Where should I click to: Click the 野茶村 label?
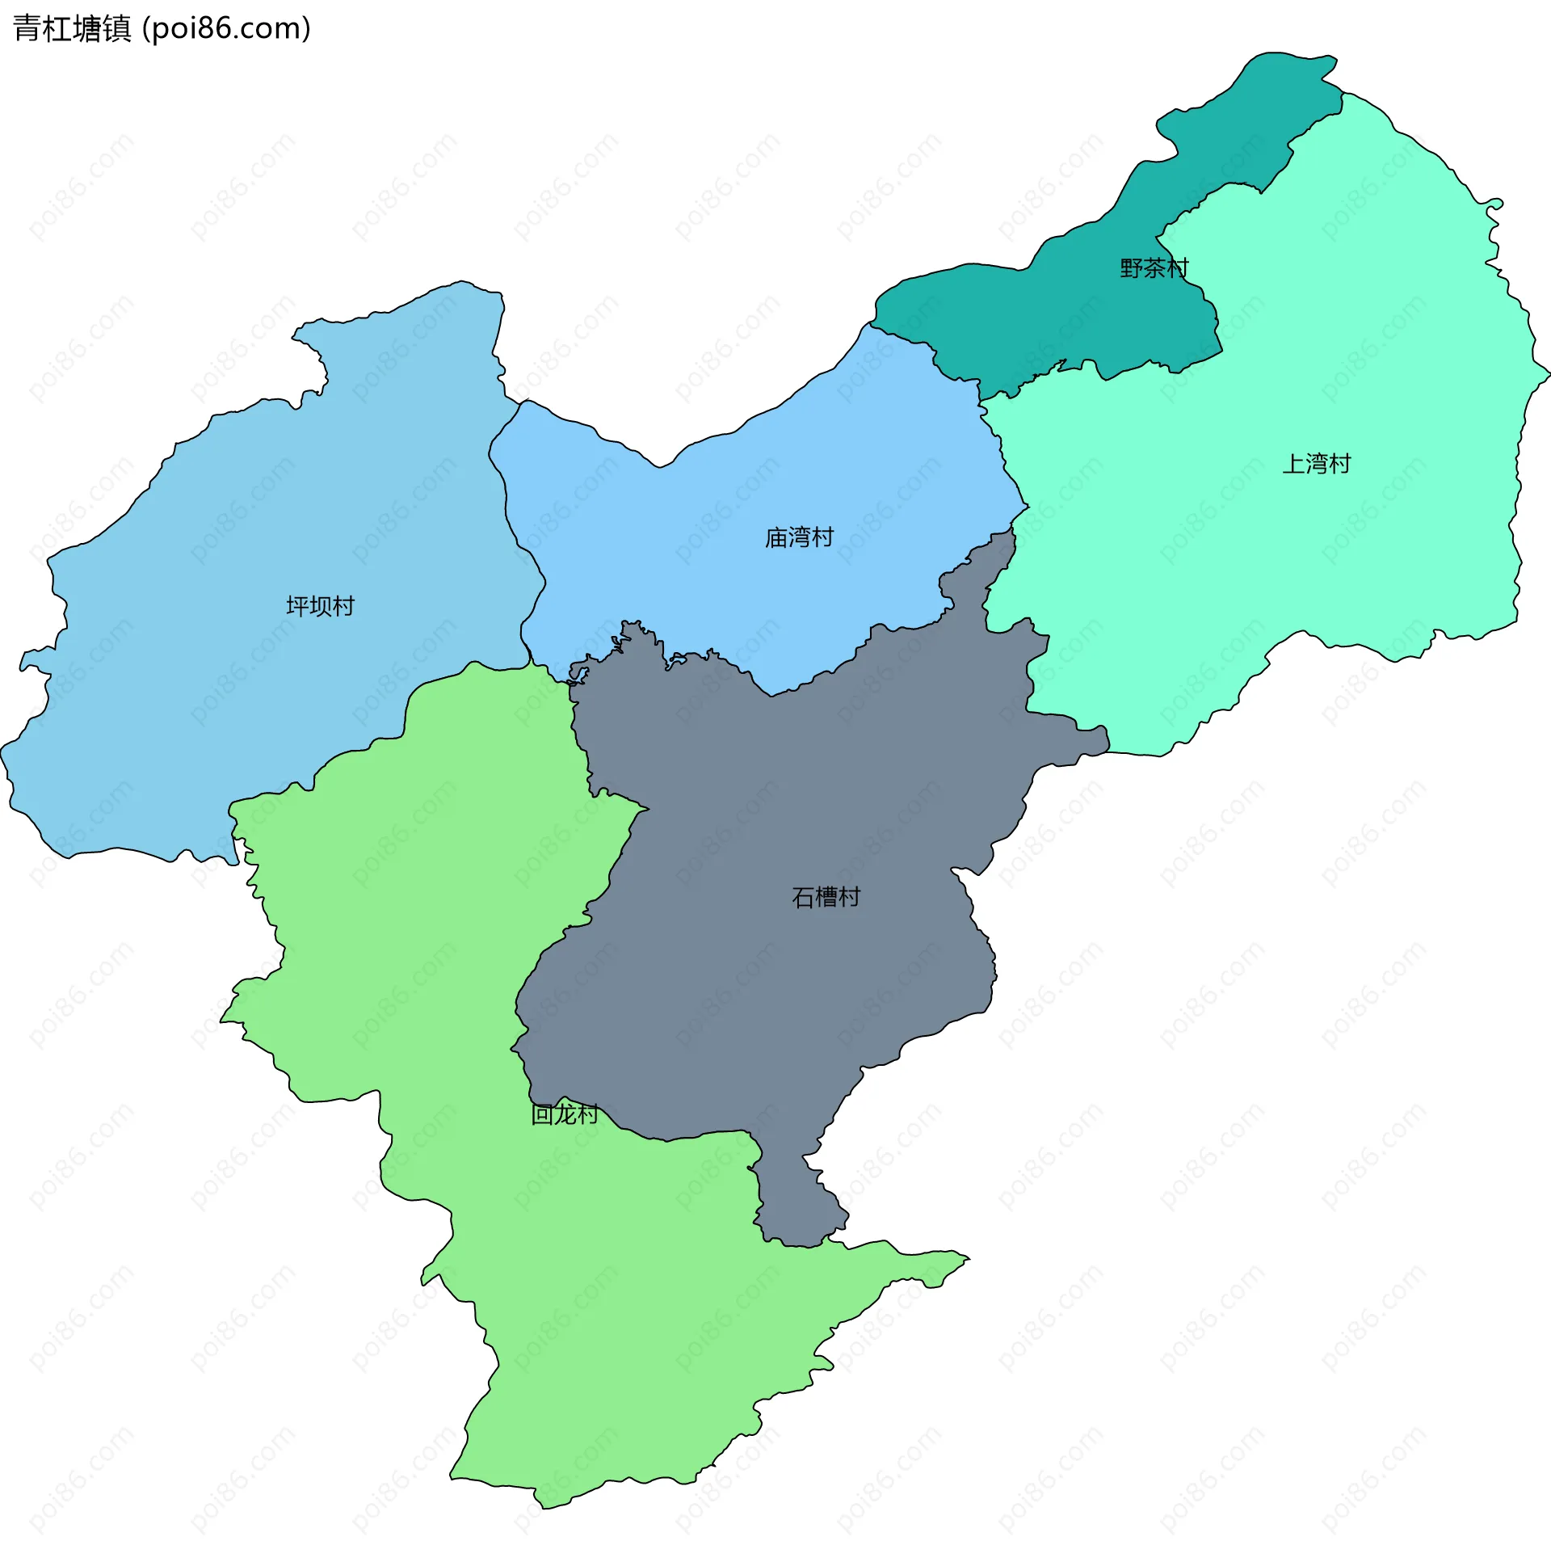(1154, 267)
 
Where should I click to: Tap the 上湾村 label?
(1317, 463)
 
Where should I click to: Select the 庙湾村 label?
(800, 537)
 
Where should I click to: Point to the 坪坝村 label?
(320, 605)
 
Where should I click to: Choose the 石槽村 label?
(826, 897)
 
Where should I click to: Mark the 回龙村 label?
(564, 1114)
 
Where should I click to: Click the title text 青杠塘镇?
(72, 28)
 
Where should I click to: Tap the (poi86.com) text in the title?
(226, 28)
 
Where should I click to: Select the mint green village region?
(1334, 566)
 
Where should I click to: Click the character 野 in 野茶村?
(1132, 267)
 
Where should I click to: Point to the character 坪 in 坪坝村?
(297, 605)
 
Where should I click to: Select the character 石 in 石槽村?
(804, 897)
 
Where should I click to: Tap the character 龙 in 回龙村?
(564, 1114)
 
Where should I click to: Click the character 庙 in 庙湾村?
(777, 537)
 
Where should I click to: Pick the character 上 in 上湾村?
(1294, 463)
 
